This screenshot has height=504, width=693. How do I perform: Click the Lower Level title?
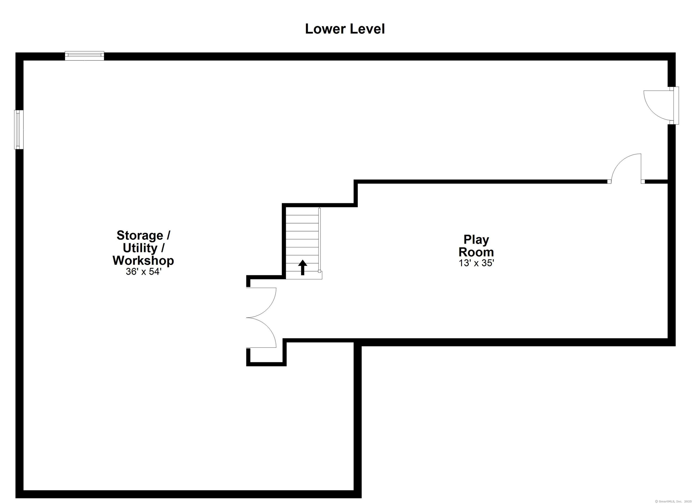click(345, 29)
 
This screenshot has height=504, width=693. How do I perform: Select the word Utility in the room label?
click(140, 248)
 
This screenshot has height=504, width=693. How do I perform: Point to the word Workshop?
click(143, 260)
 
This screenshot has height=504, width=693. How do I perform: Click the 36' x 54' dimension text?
click(143, 271)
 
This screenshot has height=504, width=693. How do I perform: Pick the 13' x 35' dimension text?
click(476, 263)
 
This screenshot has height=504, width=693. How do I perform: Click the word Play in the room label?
click(476, 240)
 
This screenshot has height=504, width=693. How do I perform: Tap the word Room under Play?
click(476, 252)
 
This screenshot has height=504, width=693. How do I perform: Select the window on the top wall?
click(85, 56)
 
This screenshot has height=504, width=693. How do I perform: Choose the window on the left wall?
click(19, 129)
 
